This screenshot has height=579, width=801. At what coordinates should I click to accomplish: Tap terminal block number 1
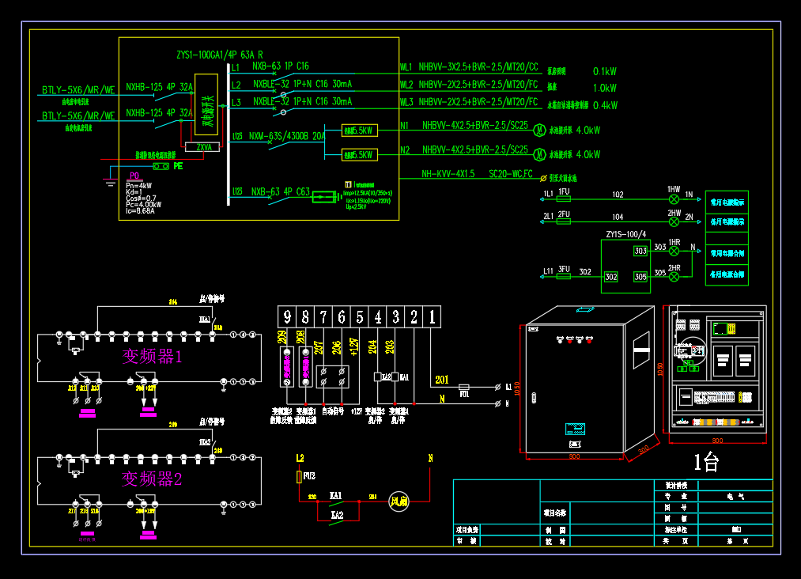tap(433, 318)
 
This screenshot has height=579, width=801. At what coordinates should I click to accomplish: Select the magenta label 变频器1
tap(152, 357)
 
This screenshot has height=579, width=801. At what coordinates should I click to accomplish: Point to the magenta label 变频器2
tap(152, 479)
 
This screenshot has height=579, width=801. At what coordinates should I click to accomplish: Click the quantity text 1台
tap(706, 463)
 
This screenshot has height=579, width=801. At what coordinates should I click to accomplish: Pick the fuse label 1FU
tap(564, 192)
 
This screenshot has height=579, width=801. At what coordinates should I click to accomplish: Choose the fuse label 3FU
tap(564, 271)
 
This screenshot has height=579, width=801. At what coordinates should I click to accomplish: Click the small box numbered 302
tap(610, 277)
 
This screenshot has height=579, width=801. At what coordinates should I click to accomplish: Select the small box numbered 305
tap(640, 277)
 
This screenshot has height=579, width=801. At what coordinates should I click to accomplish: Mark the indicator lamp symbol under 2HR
tap(674, 277)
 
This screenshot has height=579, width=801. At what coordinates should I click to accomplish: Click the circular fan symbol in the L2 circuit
tap(398, 500)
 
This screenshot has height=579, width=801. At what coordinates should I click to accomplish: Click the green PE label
tap(178, 166)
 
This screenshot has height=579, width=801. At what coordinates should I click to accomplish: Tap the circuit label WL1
tap(406, 67)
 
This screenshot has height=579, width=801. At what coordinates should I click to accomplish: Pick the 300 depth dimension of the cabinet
tap(644, 448)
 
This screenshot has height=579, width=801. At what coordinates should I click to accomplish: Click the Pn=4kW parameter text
tap(139, 185)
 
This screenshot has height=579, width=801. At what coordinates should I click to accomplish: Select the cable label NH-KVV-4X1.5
tap(448, 174)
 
